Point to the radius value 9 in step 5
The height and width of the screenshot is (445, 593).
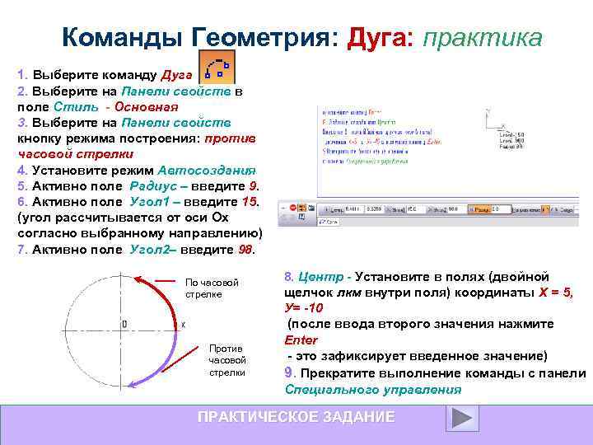[255, 185]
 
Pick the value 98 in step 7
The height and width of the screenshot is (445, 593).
[246, 249]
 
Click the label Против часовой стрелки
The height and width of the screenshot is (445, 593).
[227, 360]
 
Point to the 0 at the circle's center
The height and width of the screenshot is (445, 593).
[124, 325]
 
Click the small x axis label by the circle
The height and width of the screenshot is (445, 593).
[182, 325]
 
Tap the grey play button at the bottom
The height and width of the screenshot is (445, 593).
[461, 418]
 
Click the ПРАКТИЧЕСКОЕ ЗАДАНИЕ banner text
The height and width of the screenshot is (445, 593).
[296, 417]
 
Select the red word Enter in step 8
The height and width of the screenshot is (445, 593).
[301, 340]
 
